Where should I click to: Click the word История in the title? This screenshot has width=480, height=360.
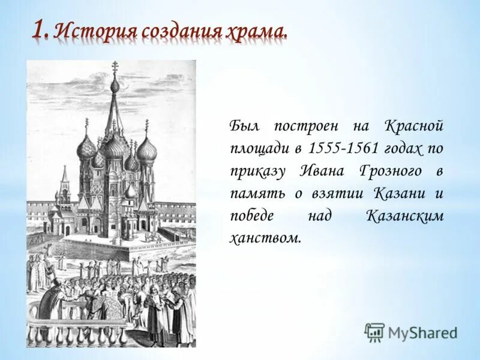click(x=90, y=31)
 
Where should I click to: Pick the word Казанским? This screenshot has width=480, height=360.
click(x=404, y=215)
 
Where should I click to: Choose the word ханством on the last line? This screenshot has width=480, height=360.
click(x=265, y=237)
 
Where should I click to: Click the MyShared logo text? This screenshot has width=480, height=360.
click(x=422, y=332)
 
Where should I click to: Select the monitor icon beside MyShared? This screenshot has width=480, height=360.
click(x=375, y=332)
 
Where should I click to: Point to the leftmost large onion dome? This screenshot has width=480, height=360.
click(x=86, y=147)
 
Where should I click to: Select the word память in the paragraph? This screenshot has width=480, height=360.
click(x=252, y=193)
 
